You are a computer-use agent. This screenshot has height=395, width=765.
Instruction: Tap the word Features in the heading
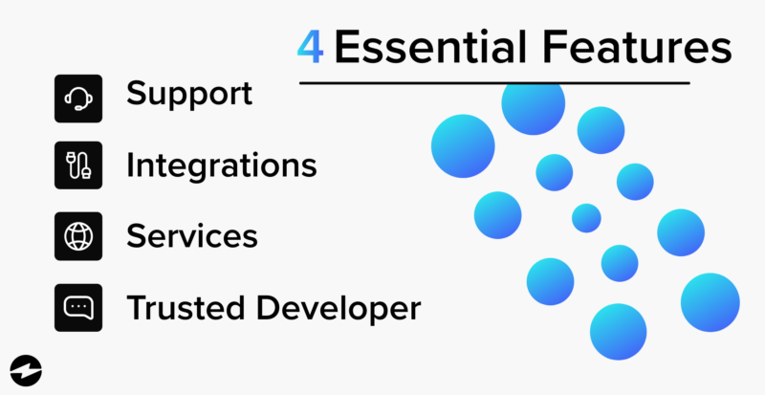tap(624, 49)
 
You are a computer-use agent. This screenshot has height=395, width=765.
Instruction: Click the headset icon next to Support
tap(78, 97)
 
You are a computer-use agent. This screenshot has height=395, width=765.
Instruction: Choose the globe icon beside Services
tap(78, 236)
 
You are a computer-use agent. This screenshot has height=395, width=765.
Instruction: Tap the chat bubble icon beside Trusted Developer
tap(78, 307)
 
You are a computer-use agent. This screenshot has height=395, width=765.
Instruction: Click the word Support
tap(189, 95)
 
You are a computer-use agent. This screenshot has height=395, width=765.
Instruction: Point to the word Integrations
tap(222, 165)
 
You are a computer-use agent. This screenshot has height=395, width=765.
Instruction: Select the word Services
tap(191, 235)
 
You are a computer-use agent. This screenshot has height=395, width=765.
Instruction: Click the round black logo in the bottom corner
tap(23, 370)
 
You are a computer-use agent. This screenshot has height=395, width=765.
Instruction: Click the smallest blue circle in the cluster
tap(586, 218)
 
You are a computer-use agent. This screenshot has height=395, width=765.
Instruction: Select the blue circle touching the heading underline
tap(534, 105)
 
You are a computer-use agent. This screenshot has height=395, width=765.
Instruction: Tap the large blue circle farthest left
tap(463, 145)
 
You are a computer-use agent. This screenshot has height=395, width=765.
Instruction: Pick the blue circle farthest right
tap(710, 302)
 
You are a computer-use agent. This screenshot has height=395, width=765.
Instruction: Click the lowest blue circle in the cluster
tap(618, 331)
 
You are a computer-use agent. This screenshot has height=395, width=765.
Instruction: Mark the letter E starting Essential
tap(346, 49)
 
